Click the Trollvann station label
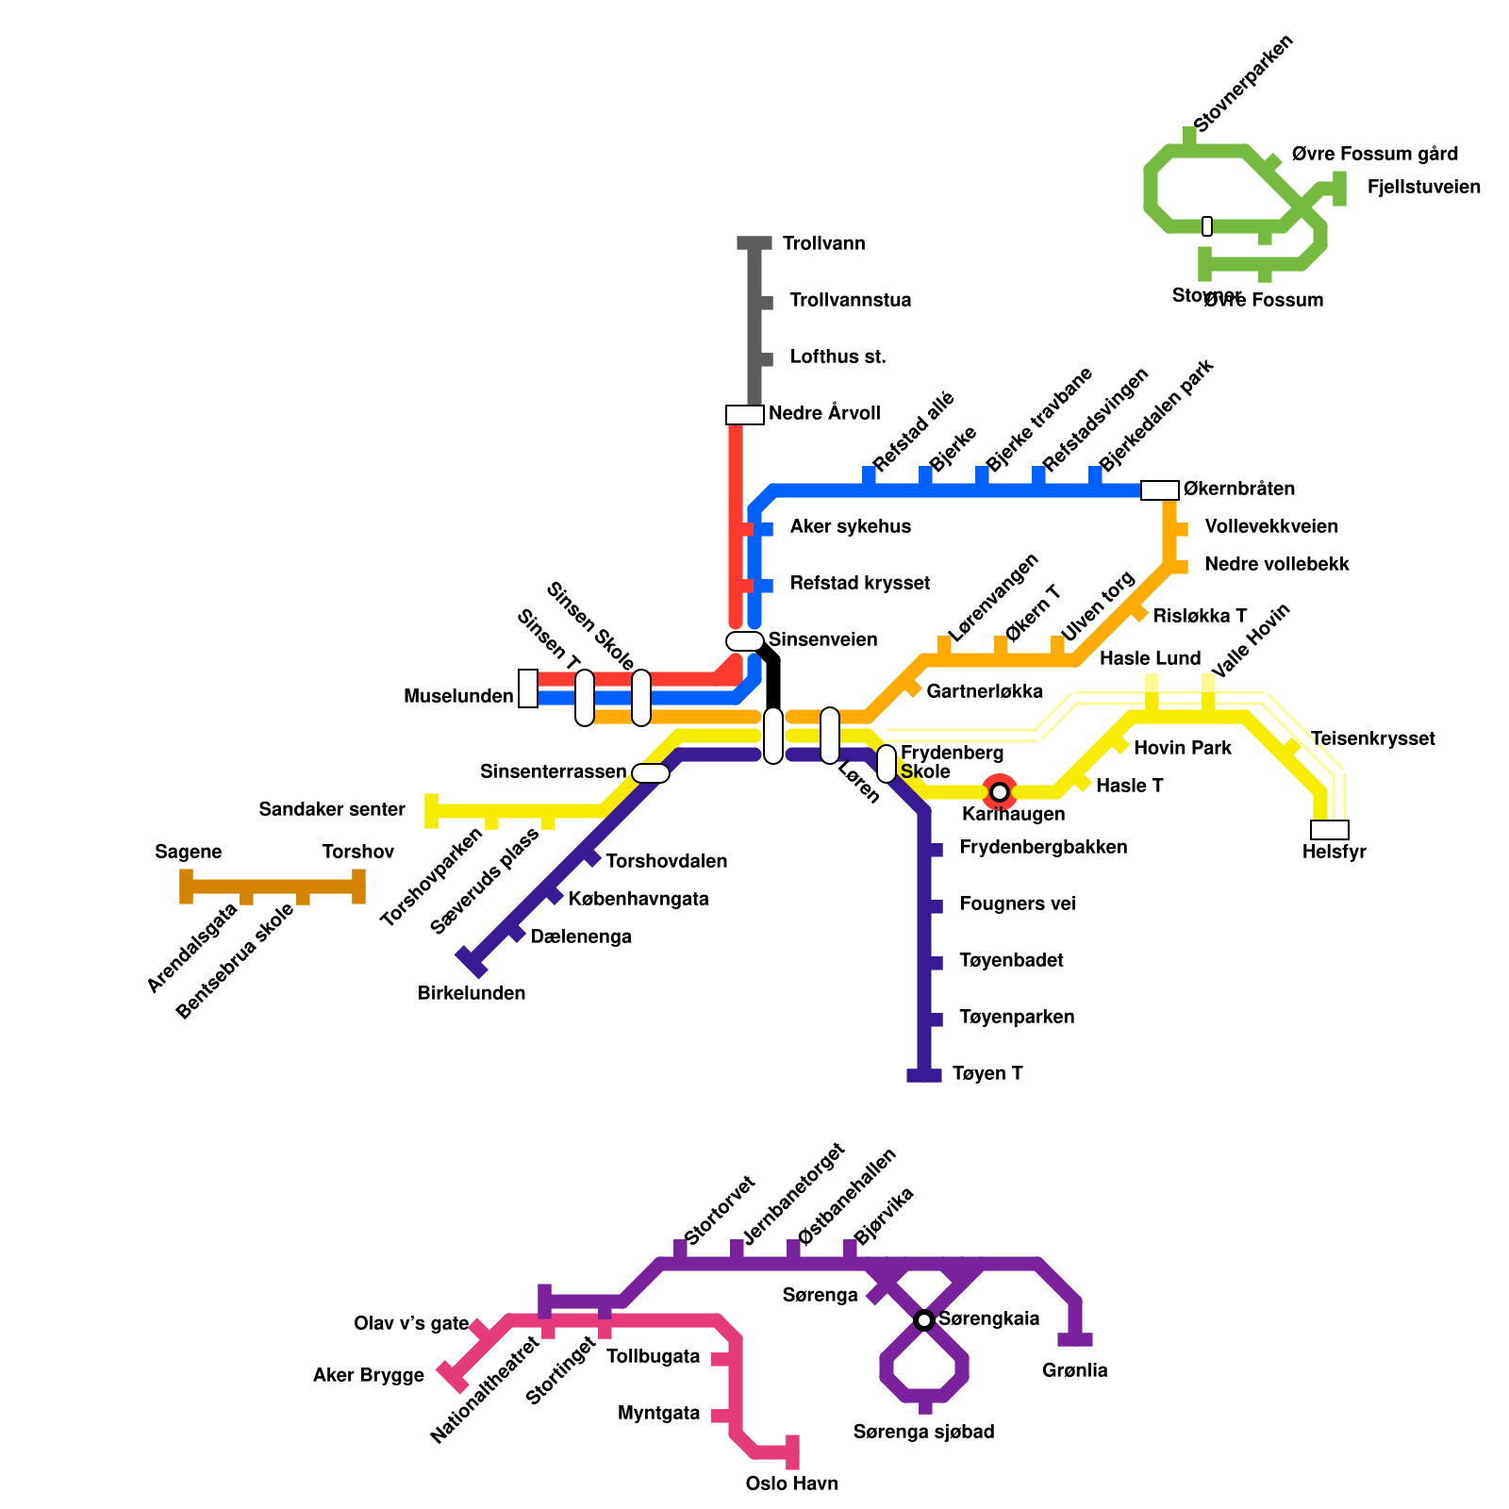coord(823,243)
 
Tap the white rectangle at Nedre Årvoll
coord(744,415)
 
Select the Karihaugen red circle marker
coord(1000,791)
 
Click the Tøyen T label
coord(987,1073)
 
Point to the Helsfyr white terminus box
coord(1329,830)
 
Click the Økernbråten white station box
coord(1159,489)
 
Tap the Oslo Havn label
coord(791,1484)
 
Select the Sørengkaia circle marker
coord(924,1319)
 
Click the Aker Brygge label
coord(369,1375)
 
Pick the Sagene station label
coord(189,852)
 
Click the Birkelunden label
coord(472,993)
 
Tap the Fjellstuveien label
coord(1423,187)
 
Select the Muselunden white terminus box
coord(528,688)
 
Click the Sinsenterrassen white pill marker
coord(651,773)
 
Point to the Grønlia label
coord(1074,1370)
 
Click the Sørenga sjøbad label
coord(923,1432)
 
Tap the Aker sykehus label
coord(851,526)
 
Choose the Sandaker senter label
coord(332,809)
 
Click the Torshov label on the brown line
coord(357,852)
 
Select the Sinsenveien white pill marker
coord(744,641)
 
